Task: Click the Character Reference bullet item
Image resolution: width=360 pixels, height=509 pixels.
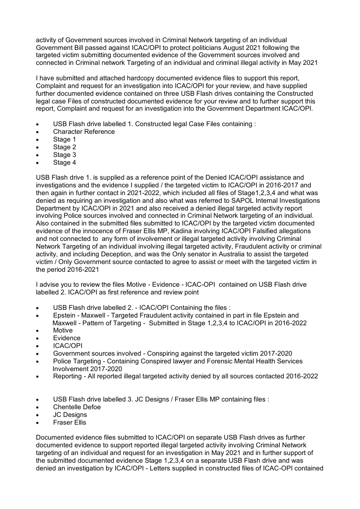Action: pyautogui.click(x=84, y=132)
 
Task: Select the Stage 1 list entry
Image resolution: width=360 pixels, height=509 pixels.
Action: pyautogui.click(x=62, y=139)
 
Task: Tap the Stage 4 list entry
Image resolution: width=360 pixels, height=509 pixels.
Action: pyautogui.click(x=62, y=162)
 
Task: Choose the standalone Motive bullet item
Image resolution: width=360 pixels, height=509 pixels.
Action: pyautogui.click(x=63, y=330)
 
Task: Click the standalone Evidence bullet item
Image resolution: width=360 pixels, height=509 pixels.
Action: pyautogui.click(x=67, y=338)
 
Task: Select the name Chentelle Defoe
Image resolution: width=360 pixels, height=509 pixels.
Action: pyautogui.click(x=77, y=407)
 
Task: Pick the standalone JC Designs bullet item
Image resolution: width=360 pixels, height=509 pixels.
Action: pyautogui.click(x=70, y=415)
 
